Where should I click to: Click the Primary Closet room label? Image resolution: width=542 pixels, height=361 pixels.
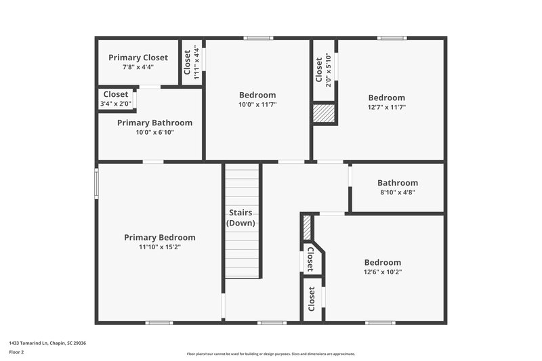pos(138,58)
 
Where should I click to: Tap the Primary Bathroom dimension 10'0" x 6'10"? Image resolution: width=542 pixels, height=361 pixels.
pos(154,132)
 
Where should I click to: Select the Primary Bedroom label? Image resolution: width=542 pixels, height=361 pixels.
pos(160,238)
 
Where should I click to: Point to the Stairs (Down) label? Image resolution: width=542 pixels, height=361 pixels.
pos(241,218)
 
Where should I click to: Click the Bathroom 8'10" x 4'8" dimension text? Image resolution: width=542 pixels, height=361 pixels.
pos(397,192)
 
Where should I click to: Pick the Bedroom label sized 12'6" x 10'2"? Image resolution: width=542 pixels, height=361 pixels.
pos(383,263)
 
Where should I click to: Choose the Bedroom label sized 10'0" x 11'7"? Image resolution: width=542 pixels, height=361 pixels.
pos(257,95)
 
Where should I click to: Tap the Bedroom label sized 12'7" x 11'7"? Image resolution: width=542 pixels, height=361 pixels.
pos(386,98)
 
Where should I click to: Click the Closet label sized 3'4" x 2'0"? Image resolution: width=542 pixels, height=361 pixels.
pos(116,95)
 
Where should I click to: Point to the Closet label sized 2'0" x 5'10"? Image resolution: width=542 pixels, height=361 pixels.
pos(319,68)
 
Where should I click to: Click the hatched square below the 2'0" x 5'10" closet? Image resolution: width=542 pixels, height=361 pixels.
pos(323,114)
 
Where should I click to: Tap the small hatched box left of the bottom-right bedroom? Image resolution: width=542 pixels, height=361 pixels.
pos(306,225)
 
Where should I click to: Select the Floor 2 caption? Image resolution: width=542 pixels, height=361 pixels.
pos(17,352)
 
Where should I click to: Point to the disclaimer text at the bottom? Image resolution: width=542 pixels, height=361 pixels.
pos(270,354)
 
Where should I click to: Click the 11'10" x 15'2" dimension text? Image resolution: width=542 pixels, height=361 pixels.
pos(160,247)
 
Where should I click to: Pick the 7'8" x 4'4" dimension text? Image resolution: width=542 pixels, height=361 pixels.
pos(138,67)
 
